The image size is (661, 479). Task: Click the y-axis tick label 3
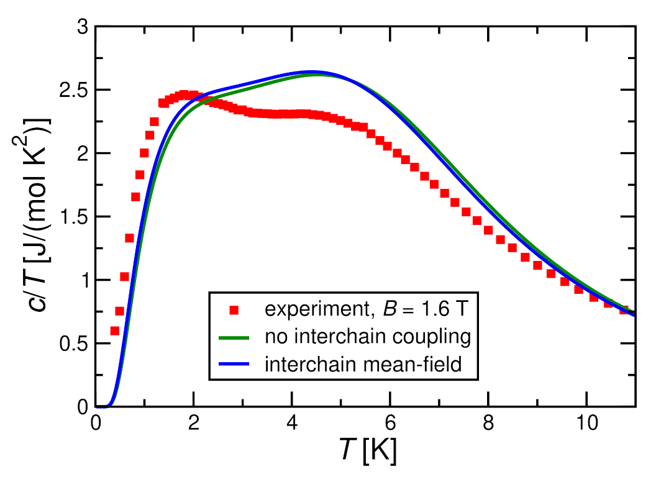(x=82, y=27)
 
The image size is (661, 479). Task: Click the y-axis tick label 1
(x=82, y=280)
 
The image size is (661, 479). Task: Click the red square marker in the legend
(x=234, y=309)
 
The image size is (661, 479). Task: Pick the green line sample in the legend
(x=234, y=337)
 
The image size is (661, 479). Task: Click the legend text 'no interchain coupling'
(x=367, y=337)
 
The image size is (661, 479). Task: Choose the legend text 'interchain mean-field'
(x=363, y=365)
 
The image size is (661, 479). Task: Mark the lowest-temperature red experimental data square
(x=114, y=331)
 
